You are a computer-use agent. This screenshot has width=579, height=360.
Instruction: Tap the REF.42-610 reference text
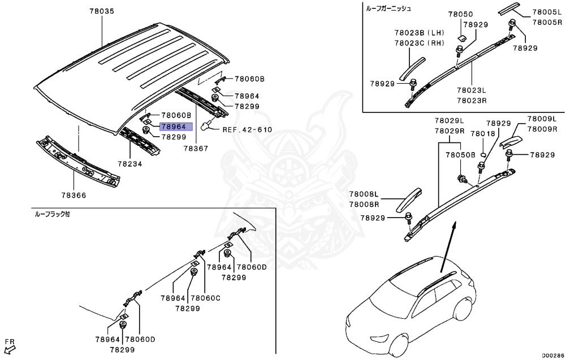(247, 129)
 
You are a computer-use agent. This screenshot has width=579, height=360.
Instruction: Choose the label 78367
(196, 149)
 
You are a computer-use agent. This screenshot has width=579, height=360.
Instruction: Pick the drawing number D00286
(553, 355)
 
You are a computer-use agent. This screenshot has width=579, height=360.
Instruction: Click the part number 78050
(461, 14)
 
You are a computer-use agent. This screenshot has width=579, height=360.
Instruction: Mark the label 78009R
(542, 129)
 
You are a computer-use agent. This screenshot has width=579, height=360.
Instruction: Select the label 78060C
(206, 298)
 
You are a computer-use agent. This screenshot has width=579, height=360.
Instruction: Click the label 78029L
(449, 121)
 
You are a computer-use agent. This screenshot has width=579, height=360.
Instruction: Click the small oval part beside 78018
(483, 153)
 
